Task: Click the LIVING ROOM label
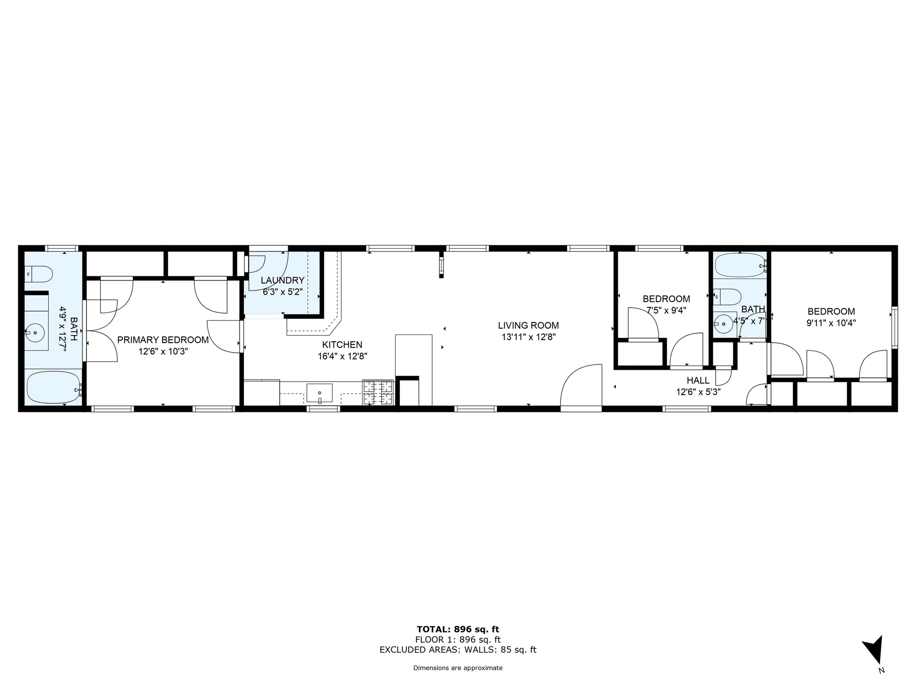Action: click(528, 326)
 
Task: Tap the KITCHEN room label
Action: click(342, 345)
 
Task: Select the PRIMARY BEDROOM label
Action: click(163, 340)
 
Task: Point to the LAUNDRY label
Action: click(282, 281)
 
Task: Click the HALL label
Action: click(698, 381)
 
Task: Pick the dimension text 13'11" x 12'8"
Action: click(528, 337)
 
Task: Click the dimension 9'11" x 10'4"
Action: click(831, 323)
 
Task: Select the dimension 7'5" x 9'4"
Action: click(666, 311)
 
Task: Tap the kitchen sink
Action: click(319, 393)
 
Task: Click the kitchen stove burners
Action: click(377, 393)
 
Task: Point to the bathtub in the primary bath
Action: click(53, 388)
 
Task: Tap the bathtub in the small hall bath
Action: click(739, 265)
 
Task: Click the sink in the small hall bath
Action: click(725, 324)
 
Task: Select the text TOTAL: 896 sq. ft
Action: click(458, 629)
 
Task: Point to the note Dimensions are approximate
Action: click(458, 668)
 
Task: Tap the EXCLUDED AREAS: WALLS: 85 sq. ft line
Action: click(458, 650)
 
